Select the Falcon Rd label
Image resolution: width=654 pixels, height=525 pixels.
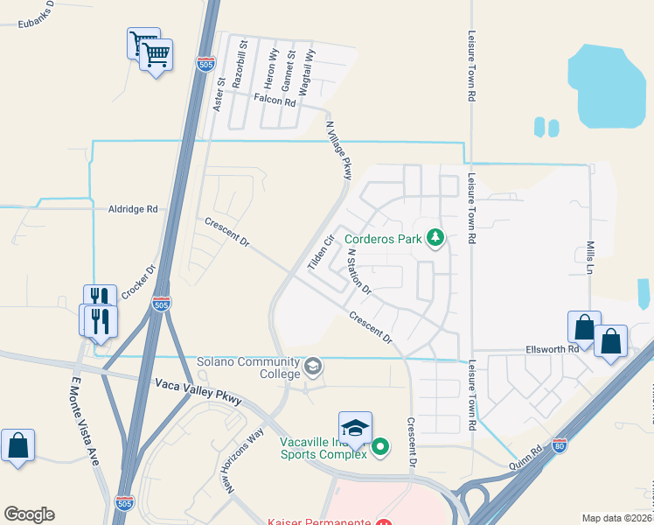tap(275, 101)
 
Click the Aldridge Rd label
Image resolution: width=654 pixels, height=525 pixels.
tap(133, 210)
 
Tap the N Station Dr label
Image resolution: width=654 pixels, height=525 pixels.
tap(359, 271)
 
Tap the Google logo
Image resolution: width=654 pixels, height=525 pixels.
tap(29, 514)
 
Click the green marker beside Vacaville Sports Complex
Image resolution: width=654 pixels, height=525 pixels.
tap(380, 448)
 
